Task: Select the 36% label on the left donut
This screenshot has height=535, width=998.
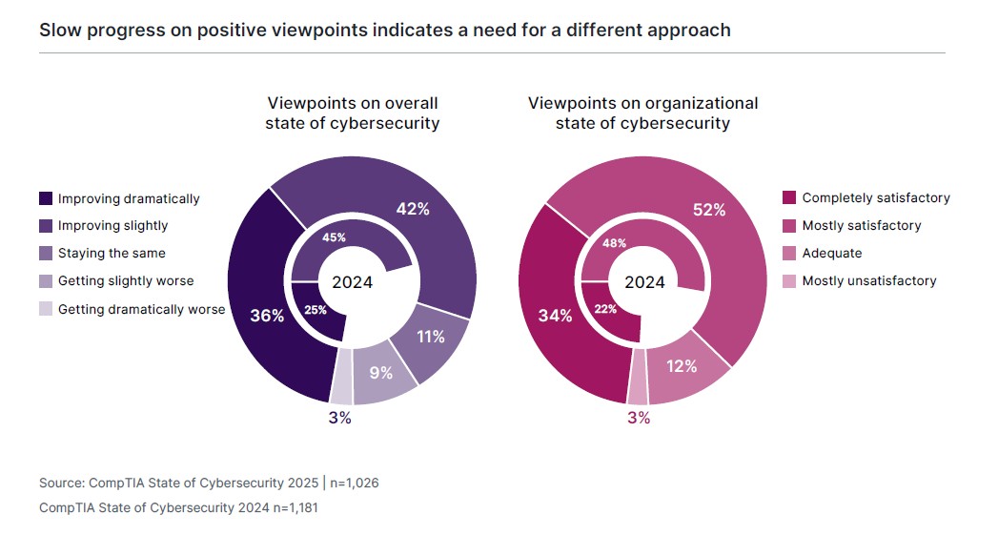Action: [x=266, y=316]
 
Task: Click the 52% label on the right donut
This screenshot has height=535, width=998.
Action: [x=709, y=210]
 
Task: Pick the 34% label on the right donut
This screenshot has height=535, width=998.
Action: [x=555, y=316]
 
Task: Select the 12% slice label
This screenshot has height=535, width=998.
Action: [x=682, y=366]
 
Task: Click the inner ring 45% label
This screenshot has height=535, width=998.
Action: [x=335, y=237]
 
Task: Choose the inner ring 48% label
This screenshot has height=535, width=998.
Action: [x=614, y=243]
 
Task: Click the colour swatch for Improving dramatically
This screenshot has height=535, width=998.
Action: [x=46, y=199]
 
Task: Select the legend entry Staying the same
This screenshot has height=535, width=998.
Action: [x=112, y=254]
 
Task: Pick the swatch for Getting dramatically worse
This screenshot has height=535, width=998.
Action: [x=46, y=309]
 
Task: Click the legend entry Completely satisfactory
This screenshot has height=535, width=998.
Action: [x=876, y=198]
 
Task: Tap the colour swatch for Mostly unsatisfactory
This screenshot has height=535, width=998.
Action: [x=789, y=281]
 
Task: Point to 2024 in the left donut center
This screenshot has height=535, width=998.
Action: [x=352, y=282]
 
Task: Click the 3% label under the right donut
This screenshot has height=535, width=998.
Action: [x=638, y=418]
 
